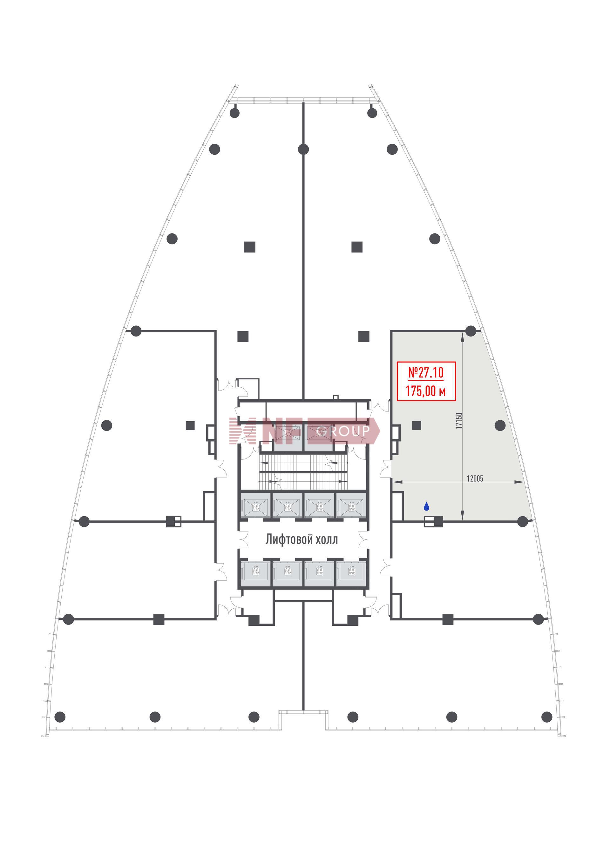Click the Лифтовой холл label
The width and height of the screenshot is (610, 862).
[302, 539]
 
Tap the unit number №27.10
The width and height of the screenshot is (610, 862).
[426, 373]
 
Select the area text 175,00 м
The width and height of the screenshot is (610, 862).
[426, 391]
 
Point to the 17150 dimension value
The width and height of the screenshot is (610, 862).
[459, 420]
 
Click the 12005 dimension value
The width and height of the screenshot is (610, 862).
[475, 479]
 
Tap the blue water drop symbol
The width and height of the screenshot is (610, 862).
[426, 506]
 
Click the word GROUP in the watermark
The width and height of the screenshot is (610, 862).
[343, 431]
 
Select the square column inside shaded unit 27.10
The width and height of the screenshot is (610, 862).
[416, 425]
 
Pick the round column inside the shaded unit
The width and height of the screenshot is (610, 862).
[500, 425]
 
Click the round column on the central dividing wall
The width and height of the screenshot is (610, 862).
[303, 149]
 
